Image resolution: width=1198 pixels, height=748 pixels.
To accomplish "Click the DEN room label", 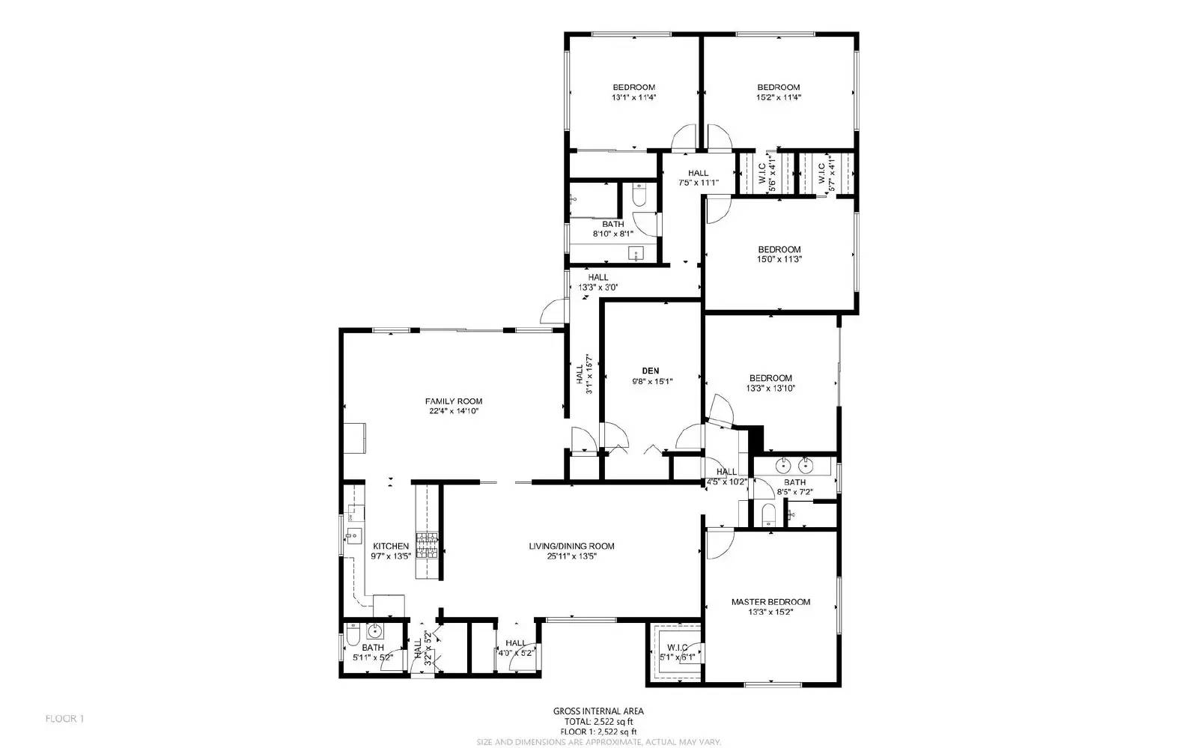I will [x=650, y=371].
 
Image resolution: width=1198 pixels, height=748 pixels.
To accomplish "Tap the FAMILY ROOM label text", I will [x=454, y=401].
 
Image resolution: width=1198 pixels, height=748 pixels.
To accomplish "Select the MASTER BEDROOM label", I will [x=770, y=602].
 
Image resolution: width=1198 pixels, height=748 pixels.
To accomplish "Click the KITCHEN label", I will [x=391, y=547].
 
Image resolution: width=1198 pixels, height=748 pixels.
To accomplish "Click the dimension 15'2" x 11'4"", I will [x=778, y=97].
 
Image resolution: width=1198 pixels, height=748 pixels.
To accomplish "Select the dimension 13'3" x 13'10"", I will [x=770, y=389].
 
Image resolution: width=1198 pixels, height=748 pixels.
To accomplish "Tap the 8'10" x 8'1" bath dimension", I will [x=612, y=234].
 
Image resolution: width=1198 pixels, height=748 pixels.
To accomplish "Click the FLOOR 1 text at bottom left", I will [x=65, y=719].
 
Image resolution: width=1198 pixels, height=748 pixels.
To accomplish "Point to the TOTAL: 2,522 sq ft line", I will [x=598, y=722].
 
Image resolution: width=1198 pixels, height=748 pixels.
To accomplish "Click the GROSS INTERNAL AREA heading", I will [x=598, y=711].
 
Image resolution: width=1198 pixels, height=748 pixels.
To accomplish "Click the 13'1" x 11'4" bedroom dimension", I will [x=633, y=97].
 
